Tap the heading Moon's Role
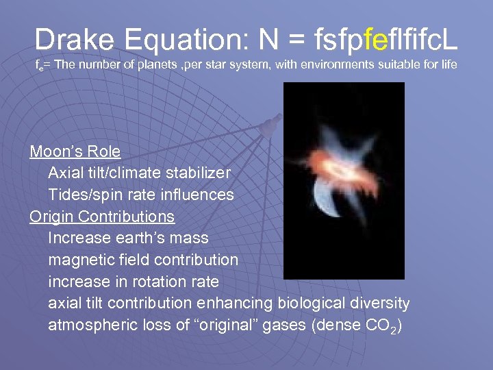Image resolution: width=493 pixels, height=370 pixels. (x=75, y=151)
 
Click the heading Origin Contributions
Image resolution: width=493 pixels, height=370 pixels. (x=102, y=217)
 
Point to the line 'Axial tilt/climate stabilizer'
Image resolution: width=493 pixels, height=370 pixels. (x=139, y=173)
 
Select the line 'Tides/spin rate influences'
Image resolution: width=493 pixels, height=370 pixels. (x=140, y=195)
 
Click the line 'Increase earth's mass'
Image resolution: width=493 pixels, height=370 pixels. (x=128, y=238)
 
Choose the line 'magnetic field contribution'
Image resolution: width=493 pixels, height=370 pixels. (x=143, y=260)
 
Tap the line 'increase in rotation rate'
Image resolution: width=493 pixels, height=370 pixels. (x=134, y=282)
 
